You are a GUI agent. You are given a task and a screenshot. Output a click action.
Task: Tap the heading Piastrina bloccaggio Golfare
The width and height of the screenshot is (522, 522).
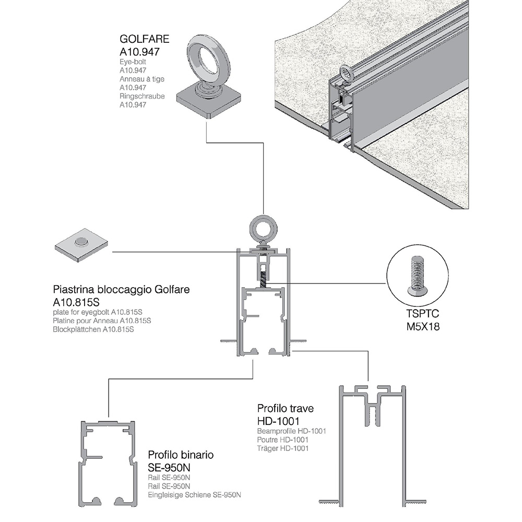121,290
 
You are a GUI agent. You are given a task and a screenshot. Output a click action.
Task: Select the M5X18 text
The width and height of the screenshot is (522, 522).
424,327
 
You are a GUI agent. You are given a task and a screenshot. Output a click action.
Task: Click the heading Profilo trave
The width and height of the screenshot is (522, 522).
285,408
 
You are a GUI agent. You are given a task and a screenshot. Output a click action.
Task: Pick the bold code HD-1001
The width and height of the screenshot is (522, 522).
278,420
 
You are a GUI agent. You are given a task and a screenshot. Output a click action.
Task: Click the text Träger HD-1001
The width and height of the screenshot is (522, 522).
283,448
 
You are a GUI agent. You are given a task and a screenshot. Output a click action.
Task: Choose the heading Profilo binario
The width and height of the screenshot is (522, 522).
181,455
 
